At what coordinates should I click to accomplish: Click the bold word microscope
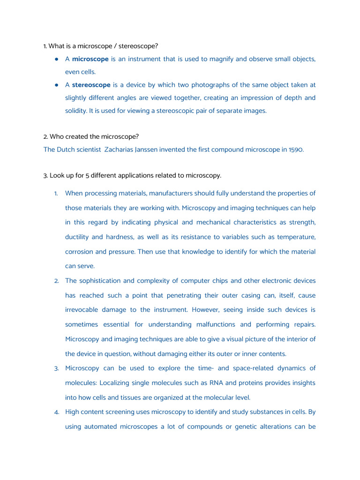(x=90, y=59)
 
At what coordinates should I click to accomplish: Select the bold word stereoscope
(x=91, y=85)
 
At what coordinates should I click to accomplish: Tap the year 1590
(x=295, y=150)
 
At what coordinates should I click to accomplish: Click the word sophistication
(x=100, y=281)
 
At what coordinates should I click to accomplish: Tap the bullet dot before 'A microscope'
(x=56, y=59)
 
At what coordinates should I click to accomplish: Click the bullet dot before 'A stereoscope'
(x=56, y=85)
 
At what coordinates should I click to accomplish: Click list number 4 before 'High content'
(x=56, y=412)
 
